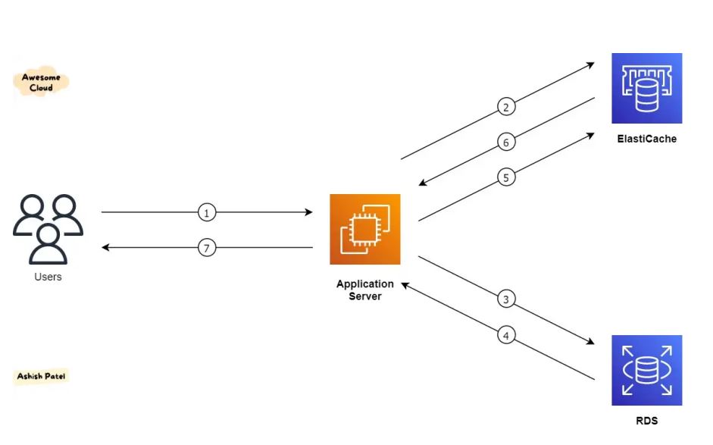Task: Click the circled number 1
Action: point(206,213)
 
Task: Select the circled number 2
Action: point(506,106)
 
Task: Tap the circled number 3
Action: point(507,299)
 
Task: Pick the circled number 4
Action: point(507,334)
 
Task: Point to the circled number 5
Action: point(507,177)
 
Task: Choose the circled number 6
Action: point(507,142)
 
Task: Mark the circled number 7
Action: point(206,248)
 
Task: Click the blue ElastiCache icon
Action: point(646,88)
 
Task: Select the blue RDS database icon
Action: point(646,370)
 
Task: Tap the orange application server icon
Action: point(364,229)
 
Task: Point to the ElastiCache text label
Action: point(646,139)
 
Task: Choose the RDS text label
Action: point(646,421)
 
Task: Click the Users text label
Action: point(48,277)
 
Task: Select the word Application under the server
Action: point(365,284)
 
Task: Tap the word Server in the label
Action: point(365,296)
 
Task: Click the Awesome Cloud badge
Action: point(41,83)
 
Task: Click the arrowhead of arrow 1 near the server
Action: point(308,213)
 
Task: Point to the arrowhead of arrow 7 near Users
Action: point(106,248)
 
